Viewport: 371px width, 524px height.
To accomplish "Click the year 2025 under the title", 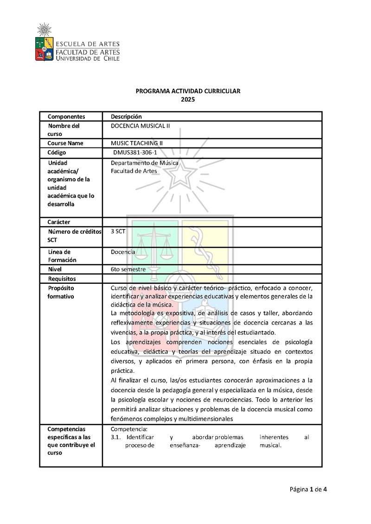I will (188, 99).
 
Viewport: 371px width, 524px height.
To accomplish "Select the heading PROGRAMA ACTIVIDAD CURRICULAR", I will (188, 91).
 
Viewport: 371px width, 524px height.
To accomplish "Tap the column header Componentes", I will (66, 116).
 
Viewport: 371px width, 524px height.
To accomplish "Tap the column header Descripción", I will (126, 116).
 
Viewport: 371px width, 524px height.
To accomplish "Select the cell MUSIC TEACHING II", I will (137, 143).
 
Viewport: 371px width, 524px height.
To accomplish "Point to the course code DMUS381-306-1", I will (138, 153).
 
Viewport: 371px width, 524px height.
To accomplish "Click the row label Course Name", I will (65, 143).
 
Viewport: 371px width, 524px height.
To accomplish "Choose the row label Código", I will (57, 153).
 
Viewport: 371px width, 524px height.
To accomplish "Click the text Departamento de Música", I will (145, 163).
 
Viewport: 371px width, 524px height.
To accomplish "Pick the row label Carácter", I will (59, 222).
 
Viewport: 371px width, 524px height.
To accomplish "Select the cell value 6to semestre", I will (128, 269).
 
